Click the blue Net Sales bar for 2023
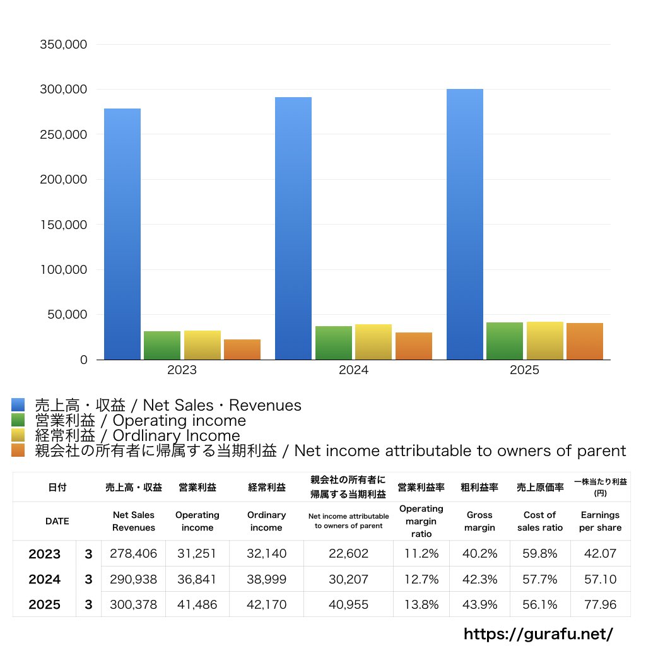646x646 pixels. click(122, 234)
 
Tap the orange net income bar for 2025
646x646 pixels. click(584, 341)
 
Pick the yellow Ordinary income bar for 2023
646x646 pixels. click(203, 345)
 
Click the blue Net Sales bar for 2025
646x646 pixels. click(465, 224)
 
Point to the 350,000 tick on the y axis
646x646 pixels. click(63, 45)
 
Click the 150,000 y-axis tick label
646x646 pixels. click(63, 225)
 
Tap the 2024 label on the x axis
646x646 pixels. click(353, 370)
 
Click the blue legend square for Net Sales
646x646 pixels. click(18, 405)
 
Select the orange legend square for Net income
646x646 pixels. click(18, 450)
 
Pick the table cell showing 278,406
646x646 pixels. click(133, 554)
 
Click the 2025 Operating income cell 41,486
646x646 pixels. click(197, 604)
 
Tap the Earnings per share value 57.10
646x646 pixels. click(600, 579)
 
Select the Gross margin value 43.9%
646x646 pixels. click(479, 604)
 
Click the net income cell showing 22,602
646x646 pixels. click(348, 554)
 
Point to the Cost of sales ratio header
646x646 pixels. click(540, 521)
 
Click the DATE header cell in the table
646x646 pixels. click(57, 521)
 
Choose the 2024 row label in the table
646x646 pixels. click(44, 579)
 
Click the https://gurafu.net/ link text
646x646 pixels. click(538, 633)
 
